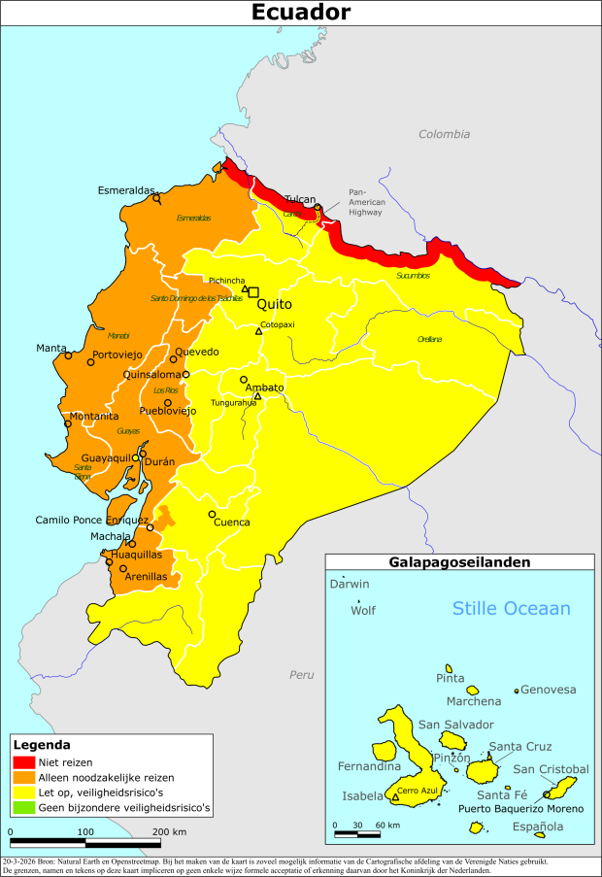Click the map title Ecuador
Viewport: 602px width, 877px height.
(x=301, y=13)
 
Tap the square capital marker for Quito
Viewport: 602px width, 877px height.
(x=254, y=291)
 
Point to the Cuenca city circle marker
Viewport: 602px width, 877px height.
(x=212, y=514)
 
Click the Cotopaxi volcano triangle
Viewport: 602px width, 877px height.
(x=258, y=332)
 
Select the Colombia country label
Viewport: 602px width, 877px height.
(x=444, y=134)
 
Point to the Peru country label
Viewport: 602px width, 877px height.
(x=302, y=674)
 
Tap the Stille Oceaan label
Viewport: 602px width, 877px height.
(x=512, y=608)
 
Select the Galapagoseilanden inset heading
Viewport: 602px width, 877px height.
(x=458, y=562)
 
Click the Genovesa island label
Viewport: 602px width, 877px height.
(x=549, y=690)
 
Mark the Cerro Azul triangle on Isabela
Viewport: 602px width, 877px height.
(x=395, y=798)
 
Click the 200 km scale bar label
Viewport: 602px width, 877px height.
(x=169, y=832)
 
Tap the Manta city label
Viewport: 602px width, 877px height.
(x=51, y=348)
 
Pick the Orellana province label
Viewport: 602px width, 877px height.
(x=429, y=339)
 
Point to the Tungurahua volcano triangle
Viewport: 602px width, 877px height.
(x=257, y=395)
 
